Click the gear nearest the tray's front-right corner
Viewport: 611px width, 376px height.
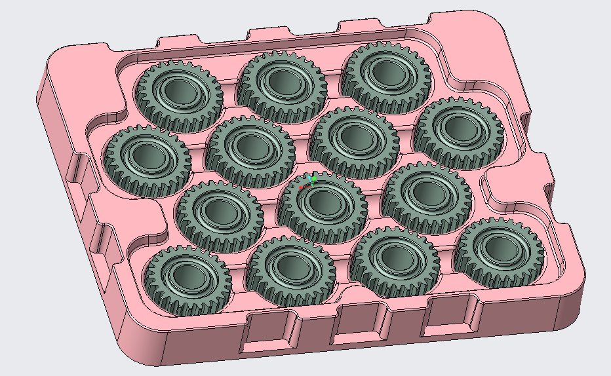click(500, 253)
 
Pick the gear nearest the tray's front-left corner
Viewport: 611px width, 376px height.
click(187, 280)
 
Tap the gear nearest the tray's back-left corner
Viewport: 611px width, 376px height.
click(179, 96)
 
